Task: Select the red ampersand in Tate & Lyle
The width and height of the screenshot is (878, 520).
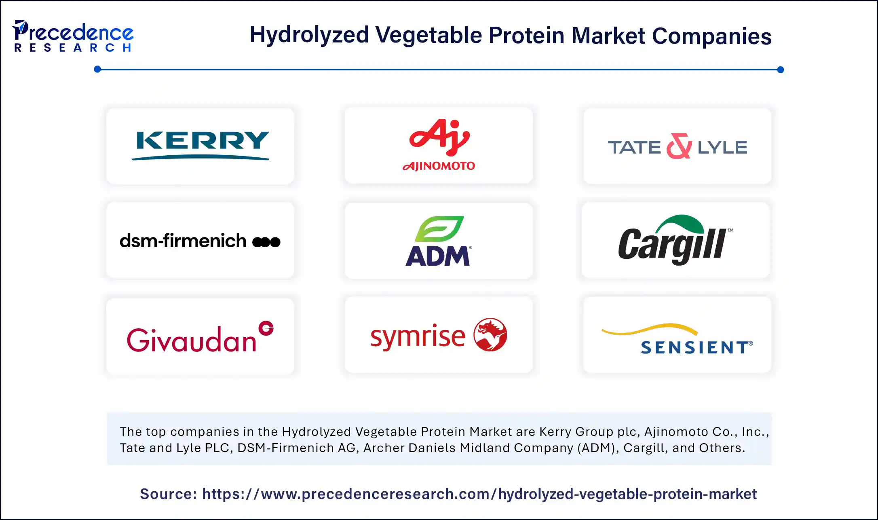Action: [x=679, y=146]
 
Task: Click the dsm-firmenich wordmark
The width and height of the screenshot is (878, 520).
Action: [x=183, y=241]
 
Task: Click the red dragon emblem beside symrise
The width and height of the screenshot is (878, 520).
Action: [x=490, y=334]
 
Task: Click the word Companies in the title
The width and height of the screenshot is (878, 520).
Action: [x=711, y=36]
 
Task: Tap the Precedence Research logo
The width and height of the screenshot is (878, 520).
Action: [x=73, y=36]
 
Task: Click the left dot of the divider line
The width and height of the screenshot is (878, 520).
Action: [x=97, y=70]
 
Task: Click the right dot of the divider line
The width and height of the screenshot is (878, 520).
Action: [x=780, y=70]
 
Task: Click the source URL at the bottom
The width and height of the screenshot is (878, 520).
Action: [x=479, y=494]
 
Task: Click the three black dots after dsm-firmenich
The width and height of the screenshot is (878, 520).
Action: [x=266, y=242]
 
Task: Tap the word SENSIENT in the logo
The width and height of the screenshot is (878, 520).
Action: [x=696, y=347]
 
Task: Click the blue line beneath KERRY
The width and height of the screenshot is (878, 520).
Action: [x=200, y=158]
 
